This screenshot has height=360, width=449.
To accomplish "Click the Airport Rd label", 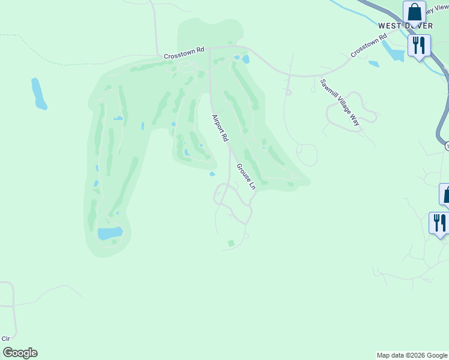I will point(220,128).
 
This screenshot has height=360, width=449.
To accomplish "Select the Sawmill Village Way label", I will point(339,102).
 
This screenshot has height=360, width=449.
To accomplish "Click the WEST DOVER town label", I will point(405,26).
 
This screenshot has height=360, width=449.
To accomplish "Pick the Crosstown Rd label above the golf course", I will point(185,53).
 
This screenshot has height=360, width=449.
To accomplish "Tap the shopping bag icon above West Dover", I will point(414,11).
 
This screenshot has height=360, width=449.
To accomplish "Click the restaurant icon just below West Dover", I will point(419,45).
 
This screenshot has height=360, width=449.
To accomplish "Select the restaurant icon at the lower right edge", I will point(439,223).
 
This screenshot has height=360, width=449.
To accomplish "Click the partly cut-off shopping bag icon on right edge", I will point(445,194).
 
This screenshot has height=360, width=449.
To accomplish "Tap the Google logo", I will point(20,353).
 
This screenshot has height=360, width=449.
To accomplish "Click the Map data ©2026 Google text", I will point(412,355).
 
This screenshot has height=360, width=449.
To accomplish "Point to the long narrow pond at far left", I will point(39,94).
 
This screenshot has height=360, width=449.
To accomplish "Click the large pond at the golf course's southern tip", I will point(110,233).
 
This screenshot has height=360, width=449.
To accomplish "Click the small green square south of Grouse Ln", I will point(231,243).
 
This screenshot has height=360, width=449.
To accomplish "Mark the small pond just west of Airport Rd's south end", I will point(212,175).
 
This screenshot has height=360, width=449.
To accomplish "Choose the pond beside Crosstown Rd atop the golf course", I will point(246,59).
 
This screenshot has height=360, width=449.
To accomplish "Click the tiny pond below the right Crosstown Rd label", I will point(373,64).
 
